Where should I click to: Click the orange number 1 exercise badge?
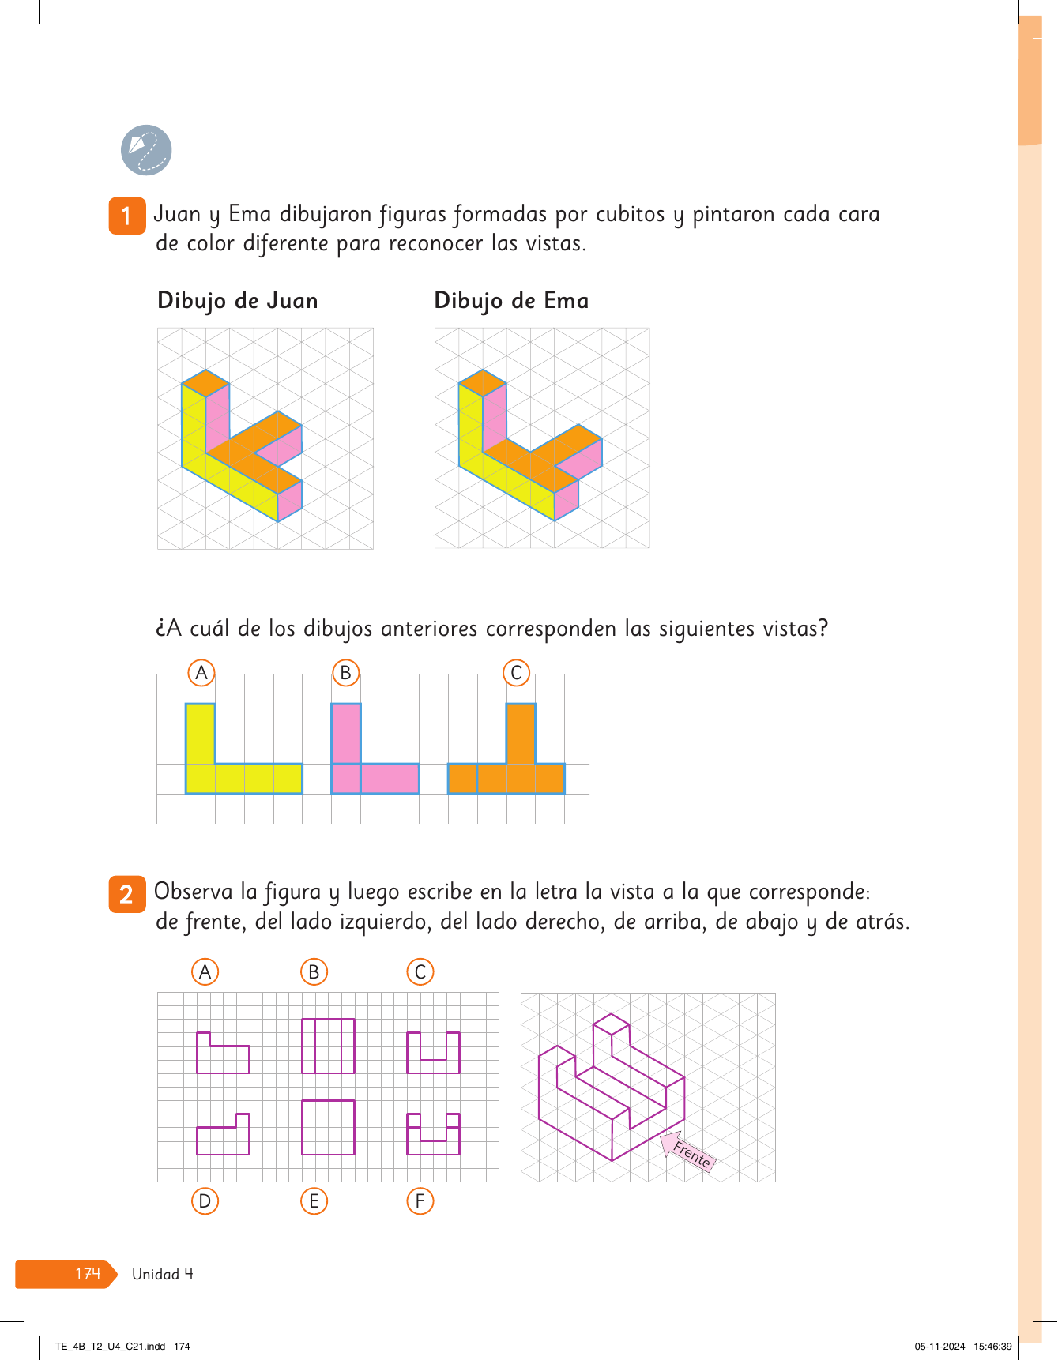tap(127, 216)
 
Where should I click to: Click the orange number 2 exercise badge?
tap(127, 894)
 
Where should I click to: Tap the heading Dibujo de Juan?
tap(238, 302)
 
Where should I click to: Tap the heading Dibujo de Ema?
tap(511, 302)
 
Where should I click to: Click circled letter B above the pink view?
tap(345, 673)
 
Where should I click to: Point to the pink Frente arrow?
tap(686, 1151)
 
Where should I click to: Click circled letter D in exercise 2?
tap(205, 1201)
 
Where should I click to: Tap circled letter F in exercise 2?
tap(420, 1201)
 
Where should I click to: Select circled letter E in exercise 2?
tap(314, 1201)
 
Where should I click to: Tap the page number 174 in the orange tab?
tap(88, 1274)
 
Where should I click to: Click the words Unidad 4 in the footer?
tap(163, 1274)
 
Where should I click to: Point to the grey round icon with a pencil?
tap(146, 150)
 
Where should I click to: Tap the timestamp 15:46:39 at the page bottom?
tap(992, 1347)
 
